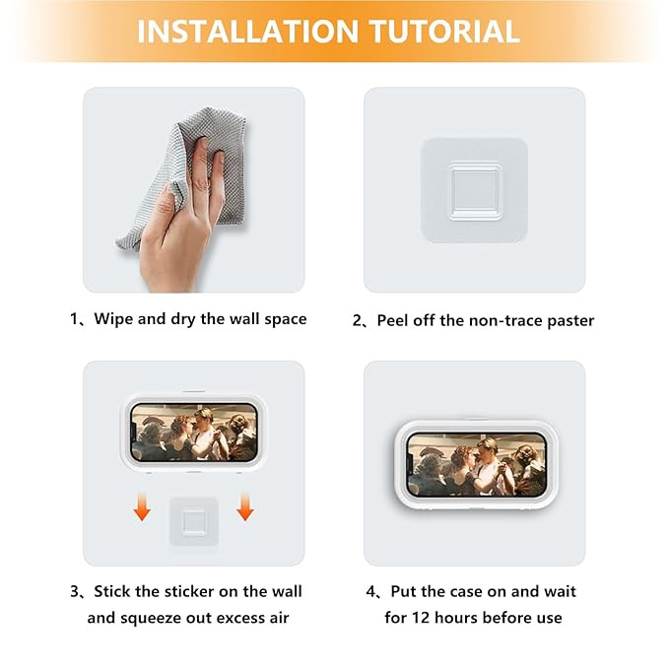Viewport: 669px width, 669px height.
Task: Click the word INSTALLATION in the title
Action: pos(247,32)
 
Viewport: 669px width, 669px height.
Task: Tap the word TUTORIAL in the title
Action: pos(444,32)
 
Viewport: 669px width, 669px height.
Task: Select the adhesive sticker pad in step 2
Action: pos(475,190)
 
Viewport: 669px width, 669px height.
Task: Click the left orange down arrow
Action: pos(142,506)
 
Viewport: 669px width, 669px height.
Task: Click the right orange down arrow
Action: pos(245,506)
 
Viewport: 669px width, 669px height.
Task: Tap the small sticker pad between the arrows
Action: pos(194,521)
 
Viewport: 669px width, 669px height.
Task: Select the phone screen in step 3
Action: pos(194,433)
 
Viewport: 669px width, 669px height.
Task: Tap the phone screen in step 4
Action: pos(477,465)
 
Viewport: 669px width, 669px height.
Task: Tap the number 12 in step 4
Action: pos(421,618)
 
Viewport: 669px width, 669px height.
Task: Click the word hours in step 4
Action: pos(454,618)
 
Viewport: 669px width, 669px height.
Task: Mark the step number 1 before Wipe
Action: pos(74,319)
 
